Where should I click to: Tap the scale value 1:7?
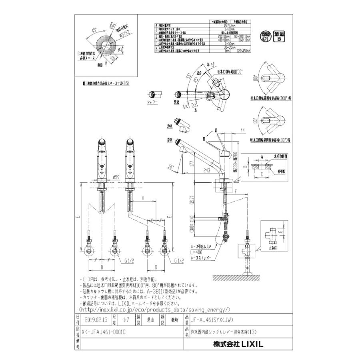(x=126, y=320)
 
